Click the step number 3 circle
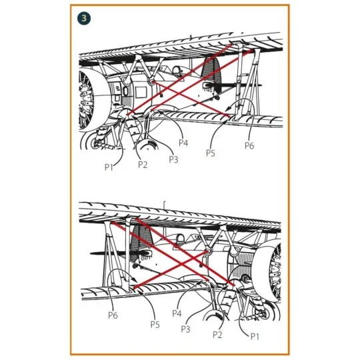point(84,19)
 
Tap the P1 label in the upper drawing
point(109,167)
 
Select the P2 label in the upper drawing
point(143,165)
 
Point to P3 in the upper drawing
point(173,159)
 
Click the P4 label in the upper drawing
point(183,143)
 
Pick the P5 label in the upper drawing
point(211,153)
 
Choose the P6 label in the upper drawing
point(249,145)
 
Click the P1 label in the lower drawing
point(255,337)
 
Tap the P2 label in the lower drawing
point(217,335)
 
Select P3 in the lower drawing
point(186,329)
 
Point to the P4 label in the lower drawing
point(177,313)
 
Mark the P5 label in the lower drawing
point(155,325)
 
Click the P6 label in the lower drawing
point(113,315)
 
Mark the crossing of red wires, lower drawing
point(182,264)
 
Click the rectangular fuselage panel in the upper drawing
point(141,93)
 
